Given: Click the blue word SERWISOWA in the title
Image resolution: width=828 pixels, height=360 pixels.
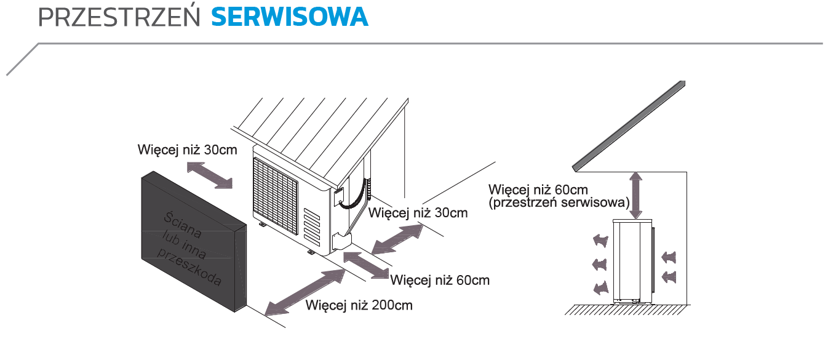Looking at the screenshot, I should [289, 17].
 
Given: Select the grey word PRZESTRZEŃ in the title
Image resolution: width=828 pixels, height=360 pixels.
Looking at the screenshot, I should [119, 17].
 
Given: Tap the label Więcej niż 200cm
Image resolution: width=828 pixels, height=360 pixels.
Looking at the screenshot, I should [359, 305].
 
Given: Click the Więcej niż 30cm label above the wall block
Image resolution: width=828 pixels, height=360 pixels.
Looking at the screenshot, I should [187, 150].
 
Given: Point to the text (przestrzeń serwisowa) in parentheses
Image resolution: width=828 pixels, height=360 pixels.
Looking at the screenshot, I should [559, 202].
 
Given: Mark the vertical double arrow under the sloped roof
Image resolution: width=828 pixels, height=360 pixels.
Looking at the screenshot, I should [636, 193].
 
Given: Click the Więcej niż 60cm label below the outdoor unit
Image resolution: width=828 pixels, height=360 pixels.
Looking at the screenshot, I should [440, 280].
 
